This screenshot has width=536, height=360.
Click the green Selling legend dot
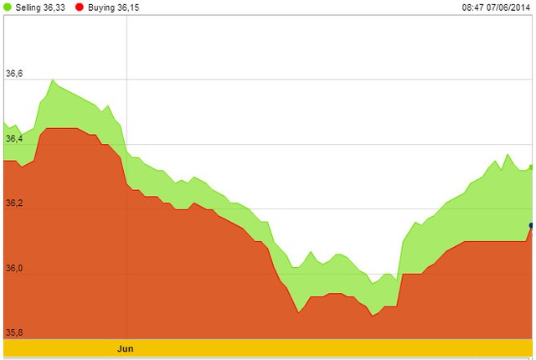(8, 7)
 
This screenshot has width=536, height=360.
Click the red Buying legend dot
(78, 7)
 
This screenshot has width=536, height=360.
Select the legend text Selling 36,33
(40, 7)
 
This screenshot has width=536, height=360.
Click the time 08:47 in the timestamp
(473, 7)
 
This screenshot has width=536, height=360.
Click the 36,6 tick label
(14, 74)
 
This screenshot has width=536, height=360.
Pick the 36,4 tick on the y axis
(14, 138)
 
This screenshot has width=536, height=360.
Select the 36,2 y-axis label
(14, 203)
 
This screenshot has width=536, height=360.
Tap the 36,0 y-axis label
(14, 268)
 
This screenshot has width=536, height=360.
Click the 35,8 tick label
(14, 332)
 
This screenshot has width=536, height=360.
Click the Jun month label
(126, 347)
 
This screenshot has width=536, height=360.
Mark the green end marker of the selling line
(532, 167)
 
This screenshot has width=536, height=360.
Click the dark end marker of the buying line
(532, 225)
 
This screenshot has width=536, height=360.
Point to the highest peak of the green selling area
(52, 80)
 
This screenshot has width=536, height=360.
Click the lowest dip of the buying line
(372, 316)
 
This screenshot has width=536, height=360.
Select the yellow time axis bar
(268, 347)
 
